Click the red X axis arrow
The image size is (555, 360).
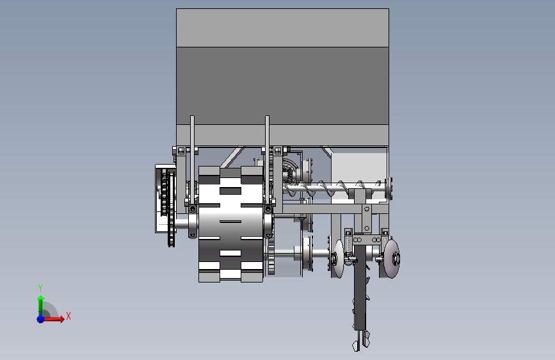tap(53, 319)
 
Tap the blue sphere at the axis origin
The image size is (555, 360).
tap(41, 319)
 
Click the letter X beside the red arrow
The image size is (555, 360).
tap(68, 316)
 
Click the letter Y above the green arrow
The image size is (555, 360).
tap(40, 288)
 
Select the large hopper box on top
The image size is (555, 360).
tap(282, 78)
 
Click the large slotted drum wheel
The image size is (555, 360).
tap(230, 224)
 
